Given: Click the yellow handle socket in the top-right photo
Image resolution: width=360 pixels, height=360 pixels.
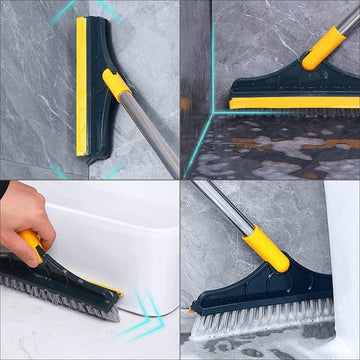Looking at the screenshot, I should (322, 50).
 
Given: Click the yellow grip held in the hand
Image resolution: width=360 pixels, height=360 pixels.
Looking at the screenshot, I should (35, 245).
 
